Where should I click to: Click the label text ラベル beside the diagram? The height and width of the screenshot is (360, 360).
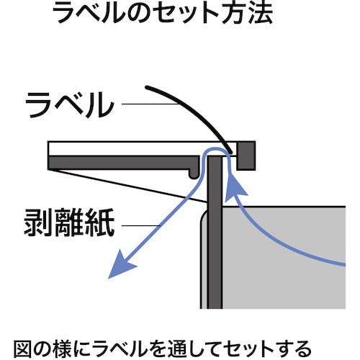pos(70,105)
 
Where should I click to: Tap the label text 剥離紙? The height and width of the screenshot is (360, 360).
pos(69,222)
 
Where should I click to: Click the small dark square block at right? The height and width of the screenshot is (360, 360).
pos(246,156)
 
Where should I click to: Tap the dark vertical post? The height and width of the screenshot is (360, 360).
pos(215,233)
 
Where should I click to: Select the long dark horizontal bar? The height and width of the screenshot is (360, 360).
pos(124,163)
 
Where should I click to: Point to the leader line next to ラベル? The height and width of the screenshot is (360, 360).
pos(150,104)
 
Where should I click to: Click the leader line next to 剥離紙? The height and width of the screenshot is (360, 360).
pos(141,225)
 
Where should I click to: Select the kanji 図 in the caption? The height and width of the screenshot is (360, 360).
pos(22,348)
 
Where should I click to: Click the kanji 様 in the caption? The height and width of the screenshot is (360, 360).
pos(63,348)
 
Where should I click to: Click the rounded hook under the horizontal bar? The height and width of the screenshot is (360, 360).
pos(194,174)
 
